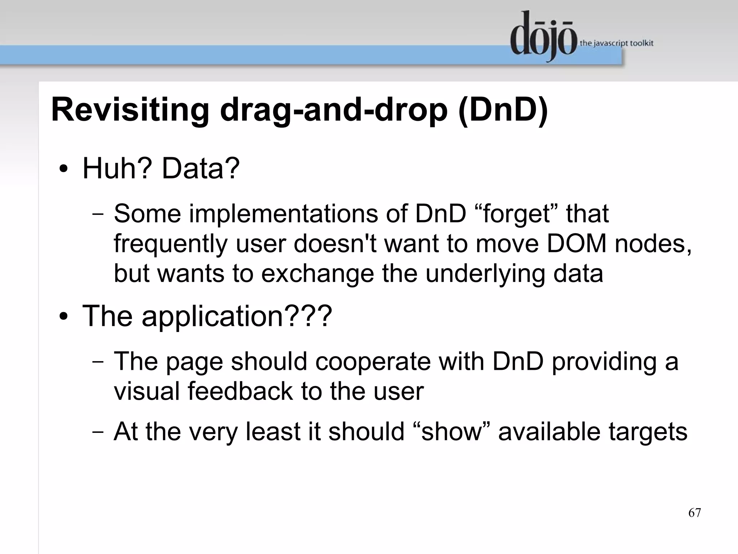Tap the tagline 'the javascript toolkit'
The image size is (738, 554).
[x=616, y=44]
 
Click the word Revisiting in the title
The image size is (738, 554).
[x=130, y=110]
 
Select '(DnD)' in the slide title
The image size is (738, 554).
[x=503, y=110]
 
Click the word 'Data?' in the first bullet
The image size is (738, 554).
[x=200, y=168]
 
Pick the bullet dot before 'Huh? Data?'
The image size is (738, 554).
[x=64, y=169]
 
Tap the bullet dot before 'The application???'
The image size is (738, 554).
[x=64, y=316]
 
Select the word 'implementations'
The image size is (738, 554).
[x=283, y=214]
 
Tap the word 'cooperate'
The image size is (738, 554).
[x=373, y=362]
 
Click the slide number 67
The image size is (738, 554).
[x=694, y=513]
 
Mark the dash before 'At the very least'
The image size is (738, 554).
[x=98, y=432]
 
